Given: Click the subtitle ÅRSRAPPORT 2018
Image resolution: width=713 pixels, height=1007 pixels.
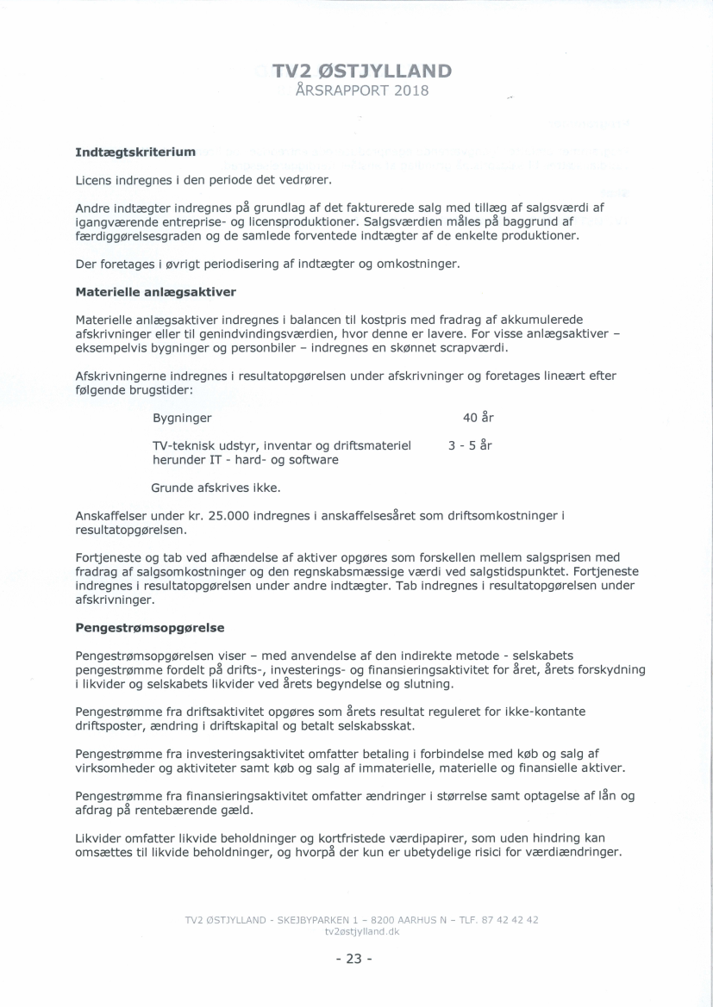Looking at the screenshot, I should pyautogui.click(x=361, y=90).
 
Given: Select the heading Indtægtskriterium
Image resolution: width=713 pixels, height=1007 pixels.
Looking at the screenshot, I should pyautogui.click(x=135, y=152).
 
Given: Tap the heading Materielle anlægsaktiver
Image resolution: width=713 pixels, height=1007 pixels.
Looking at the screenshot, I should pyautogui.click(x=156, y=291).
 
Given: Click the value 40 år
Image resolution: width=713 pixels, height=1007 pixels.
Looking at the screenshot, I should pyautogui.click(x=478, y=418).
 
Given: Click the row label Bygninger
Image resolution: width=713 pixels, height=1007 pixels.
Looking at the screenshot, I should pyautogui.click(x=182, y=419).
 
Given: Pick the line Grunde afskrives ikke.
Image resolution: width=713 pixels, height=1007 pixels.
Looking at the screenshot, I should pyautogui.click(x=216, y=488).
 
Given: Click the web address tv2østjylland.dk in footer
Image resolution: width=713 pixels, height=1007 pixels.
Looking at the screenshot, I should pyautogui.click(x=361, y=933).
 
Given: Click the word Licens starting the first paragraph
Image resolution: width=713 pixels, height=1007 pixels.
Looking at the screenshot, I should pyautogui.click(x=94, y=180).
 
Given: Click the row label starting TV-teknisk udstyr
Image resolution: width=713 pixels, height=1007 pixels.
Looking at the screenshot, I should pyautogui.click(x=280, y=445).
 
